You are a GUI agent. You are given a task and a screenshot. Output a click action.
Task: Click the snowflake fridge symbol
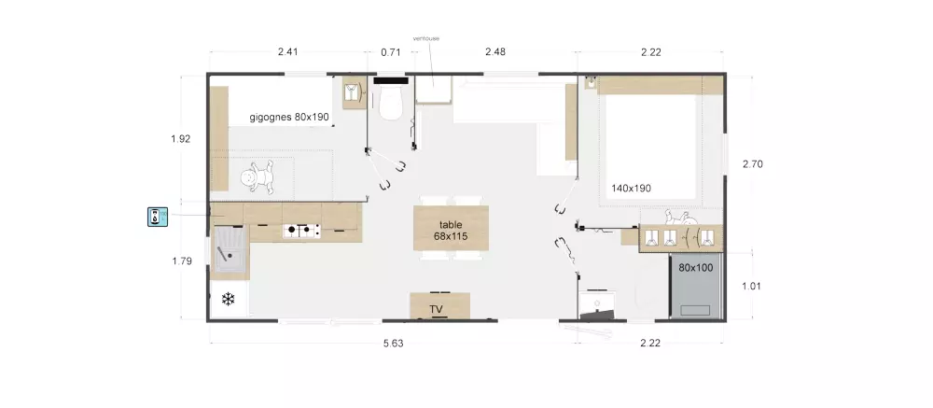click(x=228, y=299)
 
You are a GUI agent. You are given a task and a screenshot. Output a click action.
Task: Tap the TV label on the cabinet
click(x=436, y=309)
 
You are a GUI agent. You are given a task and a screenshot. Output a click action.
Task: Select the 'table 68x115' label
click(x=451, y=231)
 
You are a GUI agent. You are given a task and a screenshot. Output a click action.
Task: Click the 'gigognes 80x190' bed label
click(x=289, y=118)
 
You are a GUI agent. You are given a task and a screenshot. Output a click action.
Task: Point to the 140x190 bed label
click(x=631, y=189)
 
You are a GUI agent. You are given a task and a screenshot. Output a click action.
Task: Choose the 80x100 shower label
click(x=696, y=268)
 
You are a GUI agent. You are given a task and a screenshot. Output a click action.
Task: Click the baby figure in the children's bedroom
click(x=258, y=178)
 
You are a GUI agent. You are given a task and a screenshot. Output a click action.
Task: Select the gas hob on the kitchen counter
click(x=301, y=231)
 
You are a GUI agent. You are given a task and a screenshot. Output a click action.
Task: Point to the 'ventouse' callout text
click(x=426, y=38)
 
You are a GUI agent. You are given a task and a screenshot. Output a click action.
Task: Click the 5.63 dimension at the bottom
click(x=394, y=344)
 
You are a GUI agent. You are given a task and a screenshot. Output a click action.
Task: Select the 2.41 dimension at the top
click(x=288, y=52)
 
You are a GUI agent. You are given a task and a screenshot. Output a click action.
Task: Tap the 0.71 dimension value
click(x=391, y=52)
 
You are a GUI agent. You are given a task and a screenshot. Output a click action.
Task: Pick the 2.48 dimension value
click(x=495, y=52)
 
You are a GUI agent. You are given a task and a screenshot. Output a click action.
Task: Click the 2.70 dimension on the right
click(x=752, y=164)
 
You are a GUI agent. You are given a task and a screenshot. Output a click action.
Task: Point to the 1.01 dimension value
click(x=752, y=286)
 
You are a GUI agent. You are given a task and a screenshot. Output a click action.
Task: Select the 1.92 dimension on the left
click(x=180, y=139)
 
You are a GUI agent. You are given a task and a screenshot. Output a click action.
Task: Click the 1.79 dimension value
click(x=182, y=260)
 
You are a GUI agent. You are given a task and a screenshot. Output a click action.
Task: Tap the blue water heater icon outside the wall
click(x=158, y=217)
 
